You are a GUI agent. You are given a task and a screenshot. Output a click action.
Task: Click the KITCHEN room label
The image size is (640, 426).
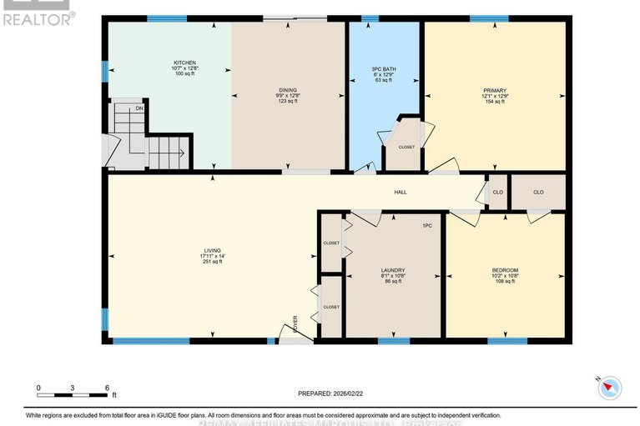184,63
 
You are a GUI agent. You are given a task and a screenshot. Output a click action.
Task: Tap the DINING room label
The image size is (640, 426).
288,90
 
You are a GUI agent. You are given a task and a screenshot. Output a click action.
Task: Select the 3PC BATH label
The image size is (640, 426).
382,69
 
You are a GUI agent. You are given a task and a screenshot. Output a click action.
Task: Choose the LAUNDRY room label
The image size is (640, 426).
392,270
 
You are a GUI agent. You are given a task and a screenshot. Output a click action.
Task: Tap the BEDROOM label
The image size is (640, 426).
505,270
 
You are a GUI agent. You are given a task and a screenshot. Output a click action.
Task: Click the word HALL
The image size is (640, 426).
401,193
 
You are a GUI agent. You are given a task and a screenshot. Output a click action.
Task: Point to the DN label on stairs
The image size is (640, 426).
139,108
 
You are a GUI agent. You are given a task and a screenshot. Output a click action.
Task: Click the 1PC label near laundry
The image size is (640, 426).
426,226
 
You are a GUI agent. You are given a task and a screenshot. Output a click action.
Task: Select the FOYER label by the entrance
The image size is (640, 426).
295,323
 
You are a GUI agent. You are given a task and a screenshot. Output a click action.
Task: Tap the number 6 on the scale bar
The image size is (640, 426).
107,388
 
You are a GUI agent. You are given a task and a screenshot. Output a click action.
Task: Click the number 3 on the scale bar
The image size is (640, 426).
73,388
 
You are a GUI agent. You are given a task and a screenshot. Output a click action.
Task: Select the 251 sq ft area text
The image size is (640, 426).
212,262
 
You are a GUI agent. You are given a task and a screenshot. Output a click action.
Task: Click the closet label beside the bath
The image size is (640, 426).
406,147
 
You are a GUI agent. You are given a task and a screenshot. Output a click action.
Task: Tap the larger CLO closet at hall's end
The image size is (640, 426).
538,193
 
